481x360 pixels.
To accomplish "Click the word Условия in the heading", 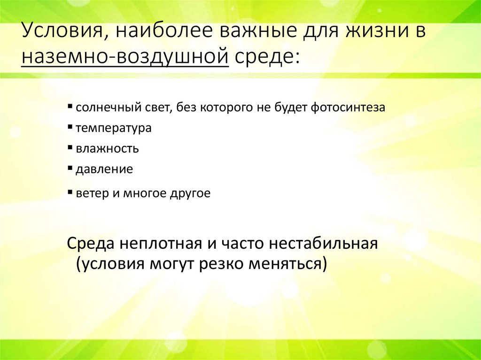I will tap(60, 33).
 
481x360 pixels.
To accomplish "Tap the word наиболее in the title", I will tap(156, 33).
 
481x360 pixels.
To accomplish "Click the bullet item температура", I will tap(113, 128).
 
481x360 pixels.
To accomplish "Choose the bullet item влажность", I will tap(107, 149).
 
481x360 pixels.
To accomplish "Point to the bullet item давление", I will tap(104, 169).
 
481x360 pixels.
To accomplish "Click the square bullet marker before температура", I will tap(70, 126).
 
